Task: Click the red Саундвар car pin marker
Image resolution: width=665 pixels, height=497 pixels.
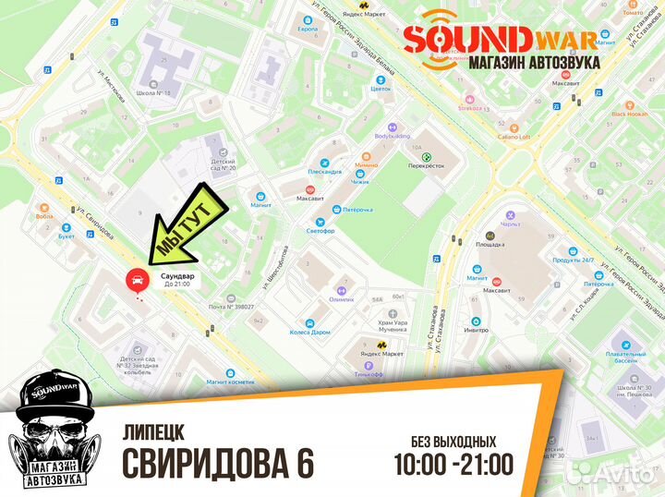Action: click(x=134, y=278)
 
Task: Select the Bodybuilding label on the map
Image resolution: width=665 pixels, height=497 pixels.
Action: click(x=392, y=135)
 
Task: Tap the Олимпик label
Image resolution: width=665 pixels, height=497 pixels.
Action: click(x=342, y=299)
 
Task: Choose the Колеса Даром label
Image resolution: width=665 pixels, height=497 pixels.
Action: click(x=308, y=332)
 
